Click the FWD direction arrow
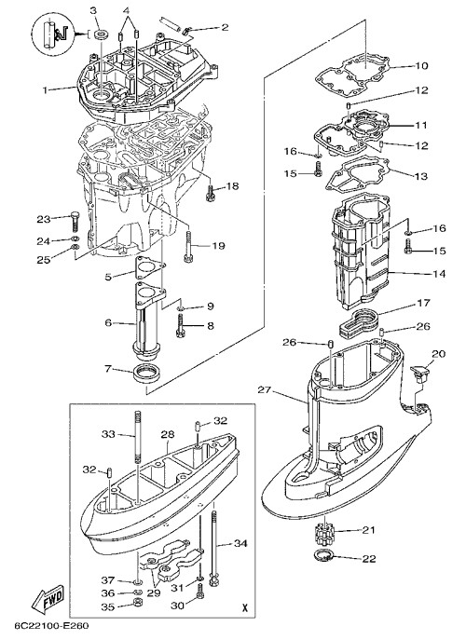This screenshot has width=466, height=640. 48,599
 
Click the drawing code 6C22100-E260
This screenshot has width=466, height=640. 51,626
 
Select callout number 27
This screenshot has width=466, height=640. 265,389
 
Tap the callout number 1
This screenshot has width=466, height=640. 47,89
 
